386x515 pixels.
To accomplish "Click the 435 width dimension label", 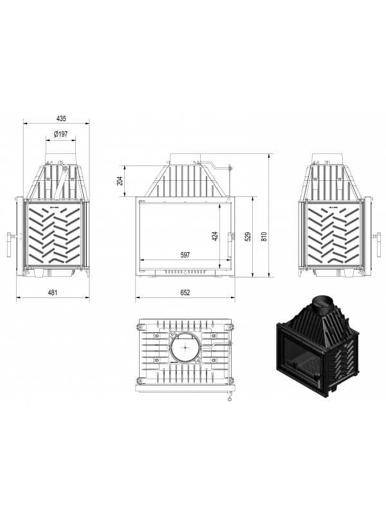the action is coord(61,118).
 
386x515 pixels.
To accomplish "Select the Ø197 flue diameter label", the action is coord(60,134).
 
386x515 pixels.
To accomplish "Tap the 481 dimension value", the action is coord(53,292).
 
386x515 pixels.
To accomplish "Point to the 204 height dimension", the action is coord(120,181).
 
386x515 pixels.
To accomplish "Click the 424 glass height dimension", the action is coord(215,236).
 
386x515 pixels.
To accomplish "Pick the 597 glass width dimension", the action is coord(185,255).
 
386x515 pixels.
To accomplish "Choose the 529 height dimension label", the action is coord(248,236).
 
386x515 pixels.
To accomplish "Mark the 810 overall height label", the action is coord(264,236).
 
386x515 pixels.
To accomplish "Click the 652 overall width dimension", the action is coord(185,292).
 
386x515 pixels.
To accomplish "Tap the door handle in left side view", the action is coord(9,245).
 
